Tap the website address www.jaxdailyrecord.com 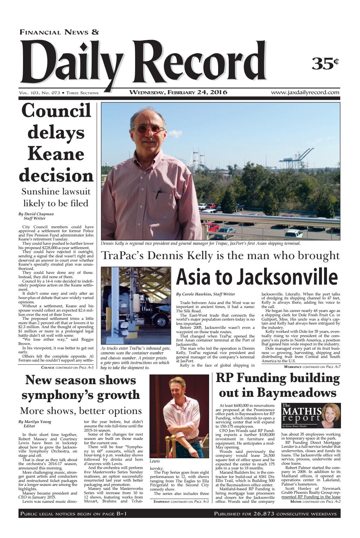coord(305,92)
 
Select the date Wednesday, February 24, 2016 coord(178,92)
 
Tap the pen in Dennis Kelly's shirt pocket coord(158,193)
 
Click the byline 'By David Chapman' coord(36,214)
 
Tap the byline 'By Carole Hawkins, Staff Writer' coord(206,294)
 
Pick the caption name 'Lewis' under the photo coord(155,461)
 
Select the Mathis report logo coord(311,416)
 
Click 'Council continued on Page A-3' coord(67,367)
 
